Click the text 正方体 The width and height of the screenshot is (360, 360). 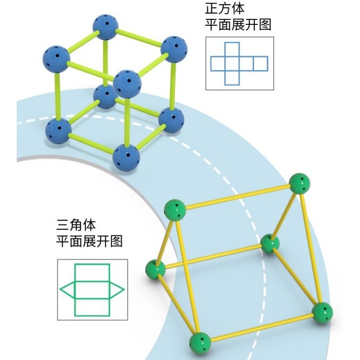224,8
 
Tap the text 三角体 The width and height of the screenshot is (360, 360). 76,225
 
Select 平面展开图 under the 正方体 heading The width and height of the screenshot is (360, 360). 238,24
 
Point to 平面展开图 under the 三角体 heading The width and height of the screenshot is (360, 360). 89,241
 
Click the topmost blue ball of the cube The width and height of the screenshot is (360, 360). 106,27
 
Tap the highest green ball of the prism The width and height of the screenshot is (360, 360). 299,184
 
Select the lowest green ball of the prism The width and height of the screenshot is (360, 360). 200,342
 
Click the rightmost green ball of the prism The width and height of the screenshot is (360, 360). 323,313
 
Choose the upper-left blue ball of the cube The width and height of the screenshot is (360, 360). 56,59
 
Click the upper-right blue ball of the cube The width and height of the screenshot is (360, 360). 174,49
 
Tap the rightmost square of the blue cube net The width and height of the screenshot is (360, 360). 260,63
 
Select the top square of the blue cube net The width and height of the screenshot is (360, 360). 232,49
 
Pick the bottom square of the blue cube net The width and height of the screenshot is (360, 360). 232,78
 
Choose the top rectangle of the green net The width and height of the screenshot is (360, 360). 92,273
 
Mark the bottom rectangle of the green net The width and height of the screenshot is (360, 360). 92,307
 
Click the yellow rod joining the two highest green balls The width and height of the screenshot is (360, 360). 237,196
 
